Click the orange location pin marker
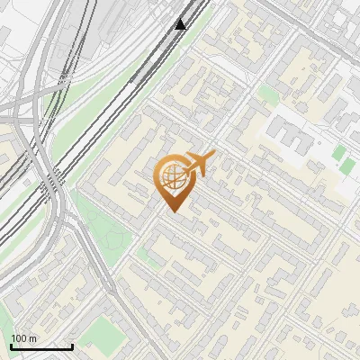[x=173, y=181]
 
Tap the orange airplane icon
[x=199, y=165]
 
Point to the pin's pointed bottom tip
[x=174, y=211]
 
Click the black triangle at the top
[x=181, y=24]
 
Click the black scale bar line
[x=41, y=346]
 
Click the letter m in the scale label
[x=33, y=338]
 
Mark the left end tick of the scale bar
[x=11, y=345]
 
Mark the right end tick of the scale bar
[x=72, y=345]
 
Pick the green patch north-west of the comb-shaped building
[x=268, y=94]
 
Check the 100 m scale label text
[x=24, y=338]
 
